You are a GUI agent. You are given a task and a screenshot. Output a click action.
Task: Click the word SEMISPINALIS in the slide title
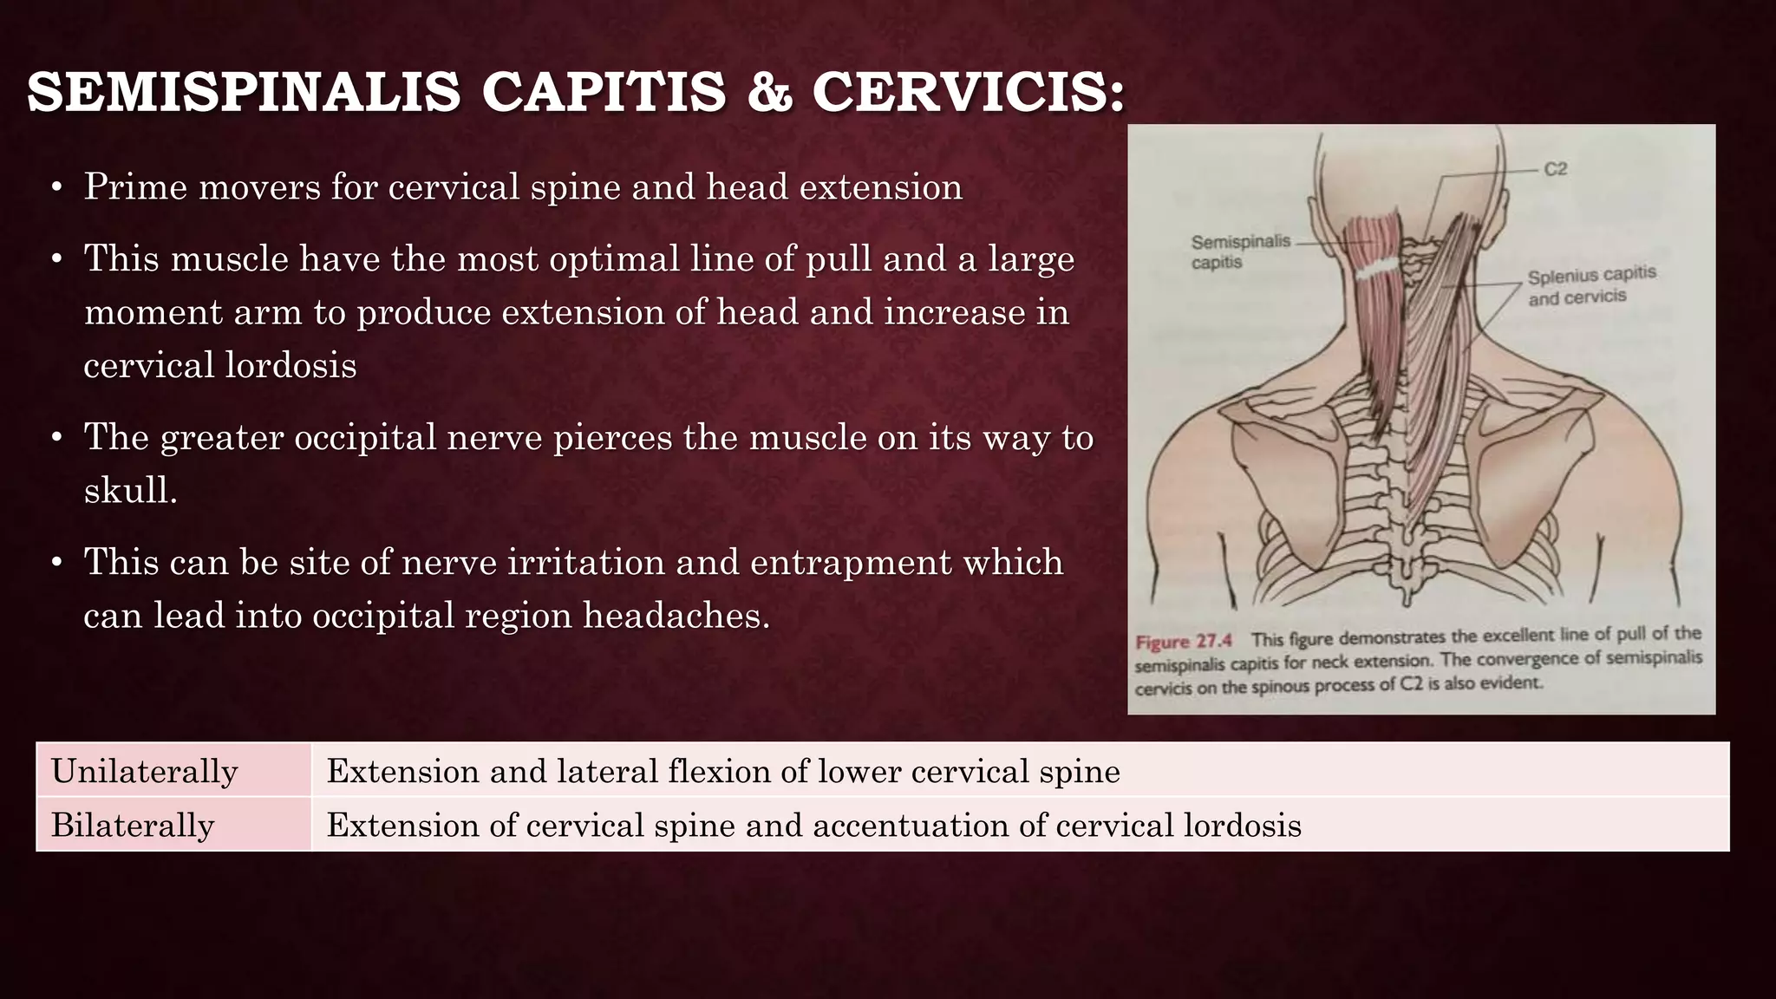(244, 93)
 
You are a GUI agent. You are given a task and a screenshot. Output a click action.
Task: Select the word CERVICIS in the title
(968, 93)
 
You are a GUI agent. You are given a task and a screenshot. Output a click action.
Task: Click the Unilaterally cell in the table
(144, 771)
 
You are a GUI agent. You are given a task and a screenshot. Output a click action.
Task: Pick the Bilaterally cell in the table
(133, 825)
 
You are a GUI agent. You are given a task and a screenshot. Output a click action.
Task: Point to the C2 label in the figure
(1556, 169)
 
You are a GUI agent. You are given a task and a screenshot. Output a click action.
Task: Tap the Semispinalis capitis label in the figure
(1240, 251)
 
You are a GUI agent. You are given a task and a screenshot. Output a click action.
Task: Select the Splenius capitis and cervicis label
(1590, 285)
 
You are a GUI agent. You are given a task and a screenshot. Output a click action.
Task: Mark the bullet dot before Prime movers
(56, 188)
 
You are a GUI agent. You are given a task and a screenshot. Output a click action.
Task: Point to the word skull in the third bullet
(130, 491)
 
